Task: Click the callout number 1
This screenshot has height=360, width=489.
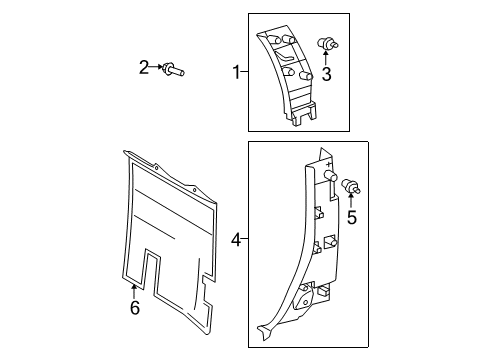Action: tap(236, 72)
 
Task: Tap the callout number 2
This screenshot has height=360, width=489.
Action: tap(144, 68)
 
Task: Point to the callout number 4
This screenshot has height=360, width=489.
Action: tap(235, 240)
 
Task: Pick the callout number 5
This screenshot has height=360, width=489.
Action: tap(351, 216)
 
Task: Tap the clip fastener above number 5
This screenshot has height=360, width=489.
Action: tap(351, 186)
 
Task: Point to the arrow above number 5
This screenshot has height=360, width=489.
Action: tap(351, 202)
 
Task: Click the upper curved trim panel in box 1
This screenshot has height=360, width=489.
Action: tap(290, 75)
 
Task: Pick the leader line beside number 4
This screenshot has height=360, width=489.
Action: tap(246, 240)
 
